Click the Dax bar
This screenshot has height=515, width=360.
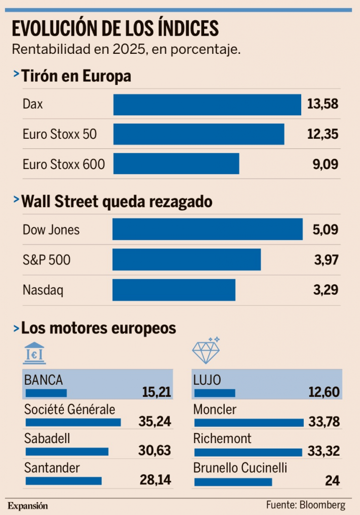point(207,105)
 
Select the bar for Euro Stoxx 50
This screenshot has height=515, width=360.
point(199,134)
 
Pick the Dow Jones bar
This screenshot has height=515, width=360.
point(207,229)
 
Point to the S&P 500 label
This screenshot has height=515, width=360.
point(46,260)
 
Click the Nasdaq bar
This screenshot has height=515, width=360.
point(173,290)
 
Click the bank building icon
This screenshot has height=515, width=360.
point(34,353)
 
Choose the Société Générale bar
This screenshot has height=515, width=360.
point(73,422)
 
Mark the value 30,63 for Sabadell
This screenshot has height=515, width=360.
point(154,451)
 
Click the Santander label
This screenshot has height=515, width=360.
point(52,468)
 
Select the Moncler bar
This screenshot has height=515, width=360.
point(248,422)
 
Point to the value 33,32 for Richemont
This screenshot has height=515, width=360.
point(324,451)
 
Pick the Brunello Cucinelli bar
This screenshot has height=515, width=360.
point(233,482)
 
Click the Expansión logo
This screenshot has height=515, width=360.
point(28,505)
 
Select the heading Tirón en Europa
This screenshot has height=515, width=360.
point(76,76)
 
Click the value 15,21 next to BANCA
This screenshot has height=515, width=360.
point(154,392)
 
